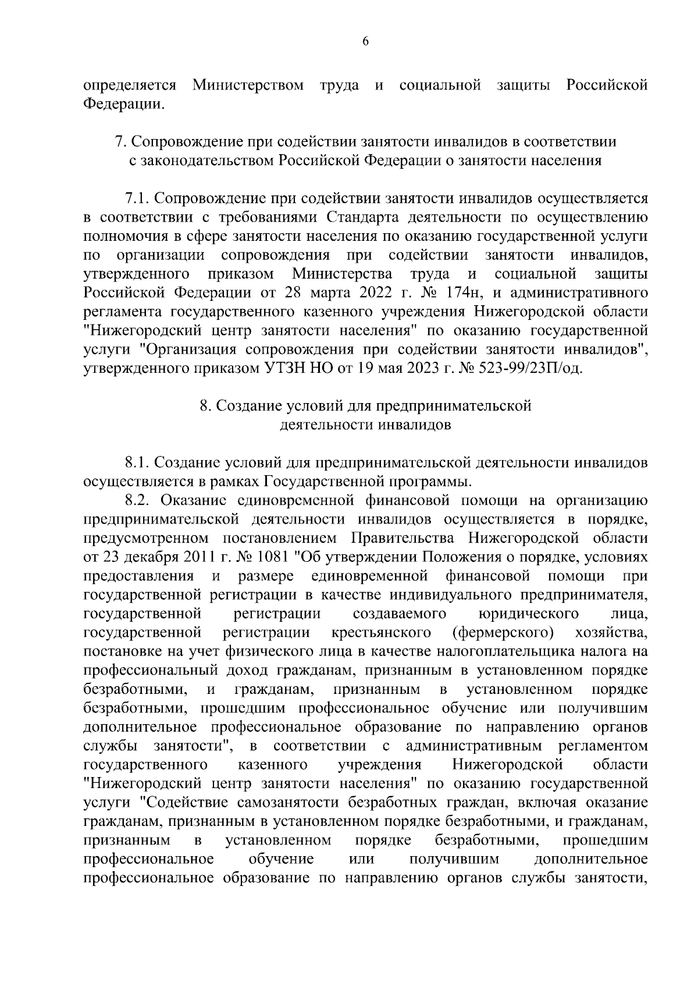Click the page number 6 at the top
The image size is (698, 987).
[x=349, y=41]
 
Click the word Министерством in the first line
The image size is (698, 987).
[x=248, y=86]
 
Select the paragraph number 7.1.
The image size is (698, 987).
[x=137, y=199]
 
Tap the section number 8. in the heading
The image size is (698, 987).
[x=204, y=406]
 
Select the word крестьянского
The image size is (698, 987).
[x=381, y=633]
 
